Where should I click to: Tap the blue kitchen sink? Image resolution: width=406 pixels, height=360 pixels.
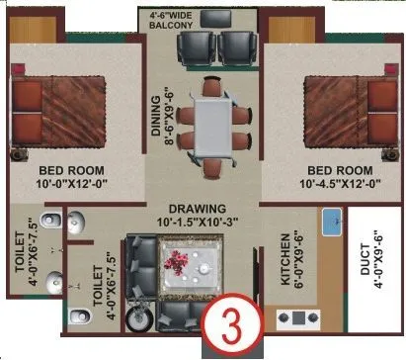[x=333, y=223]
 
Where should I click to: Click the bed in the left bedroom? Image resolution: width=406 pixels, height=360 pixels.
[x=59, y=102]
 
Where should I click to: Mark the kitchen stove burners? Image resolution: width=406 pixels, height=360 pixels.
[x=296, y=318]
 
